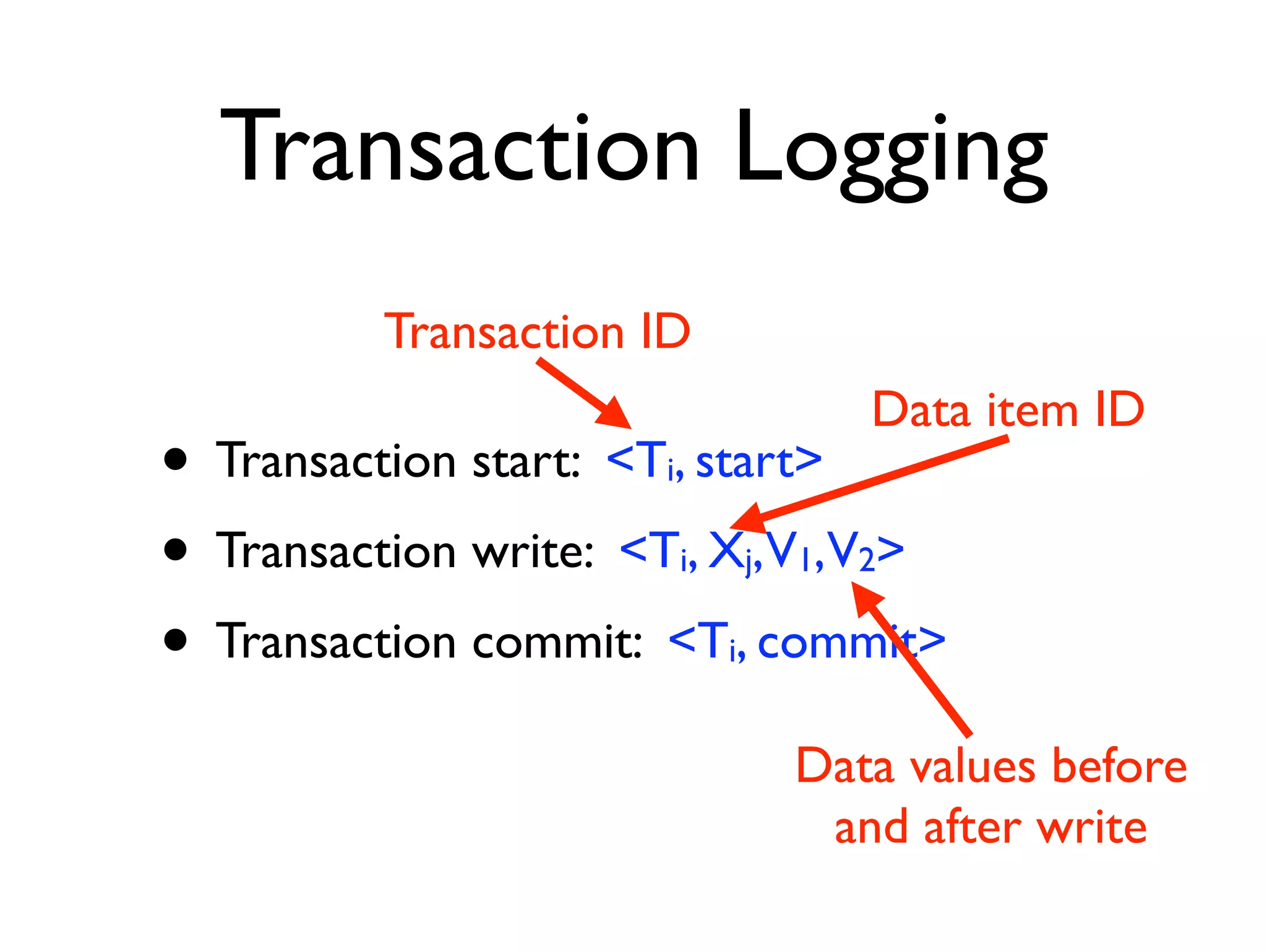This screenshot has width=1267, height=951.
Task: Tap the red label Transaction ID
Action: coord(537,332)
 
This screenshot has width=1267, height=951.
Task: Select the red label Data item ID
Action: coord(1008,410)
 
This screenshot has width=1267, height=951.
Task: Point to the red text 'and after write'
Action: coord(990,827)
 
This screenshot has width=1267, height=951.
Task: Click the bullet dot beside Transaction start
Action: coord(176,459)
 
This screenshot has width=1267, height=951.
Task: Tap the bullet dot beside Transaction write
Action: coord(176,549)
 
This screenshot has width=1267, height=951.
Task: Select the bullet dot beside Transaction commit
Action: coord(176,640)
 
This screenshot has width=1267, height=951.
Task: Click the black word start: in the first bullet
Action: coord(526,462)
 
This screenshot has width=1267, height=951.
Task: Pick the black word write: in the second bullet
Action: coord(533,551)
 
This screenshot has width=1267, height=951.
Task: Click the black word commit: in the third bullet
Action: coord(557,642)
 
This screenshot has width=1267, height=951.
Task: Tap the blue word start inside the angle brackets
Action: coord(745,462)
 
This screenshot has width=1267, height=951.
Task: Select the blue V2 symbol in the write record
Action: coord(851,551)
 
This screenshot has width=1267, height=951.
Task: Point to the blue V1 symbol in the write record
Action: coord(789,551)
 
